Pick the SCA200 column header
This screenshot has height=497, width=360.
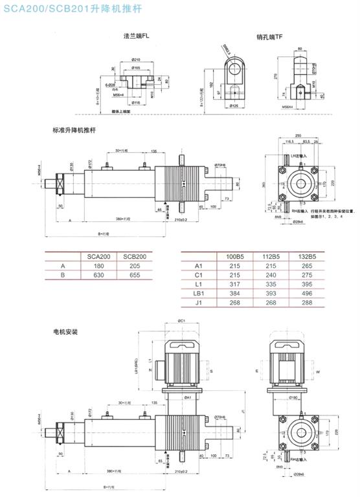tap(99, 257)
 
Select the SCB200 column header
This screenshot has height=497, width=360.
tap(136, 257)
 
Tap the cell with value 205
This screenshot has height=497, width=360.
tap(136, 265)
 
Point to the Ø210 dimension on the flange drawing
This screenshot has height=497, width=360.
tap(136, 60)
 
